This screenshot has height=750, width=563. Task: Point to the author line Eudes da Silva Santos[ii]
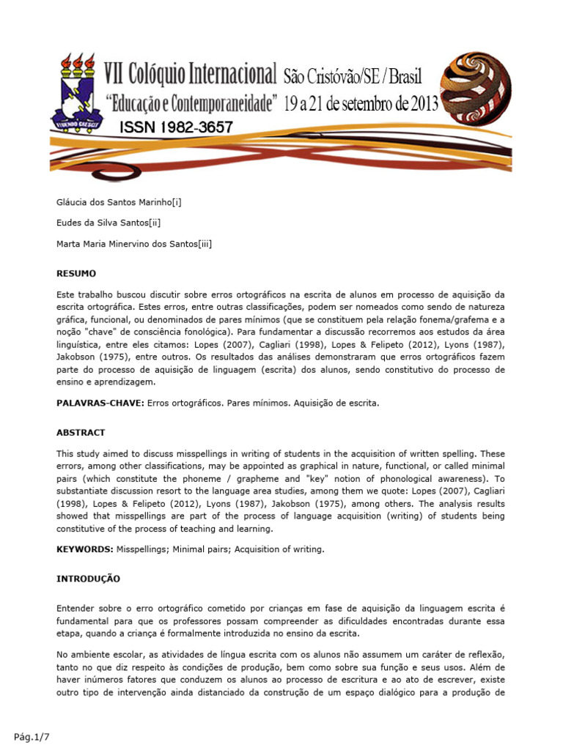(108, 223)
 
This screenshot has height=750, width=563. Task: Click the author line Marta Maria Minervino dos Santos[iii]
(135, 244)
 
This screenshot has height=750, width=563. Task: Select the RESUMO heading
(76, 273)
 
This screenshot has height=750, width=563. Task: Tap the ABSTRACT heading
(81, 433)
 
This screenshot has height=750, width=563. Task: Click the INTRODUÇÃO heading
(88, 579)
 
